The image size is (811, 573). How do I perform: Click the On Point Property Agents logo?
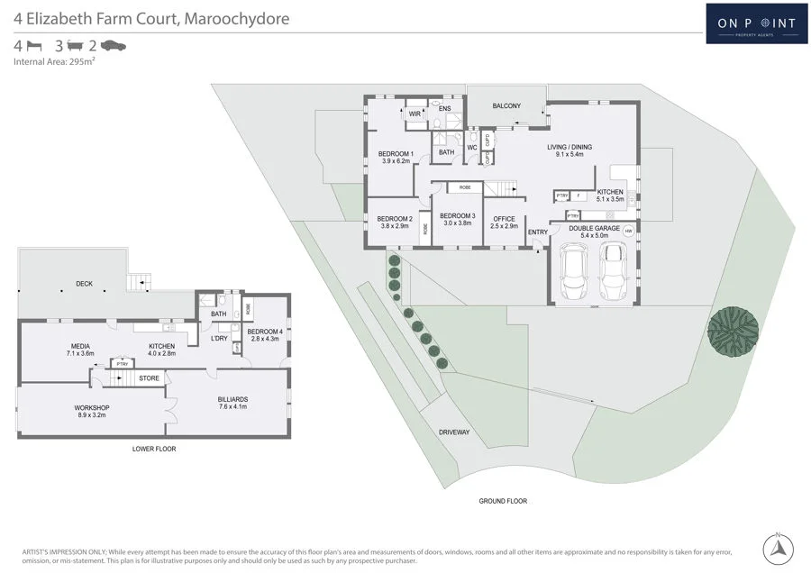tap(756, 23)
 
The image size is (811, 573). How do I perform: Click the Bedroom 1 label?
tap(396, 157)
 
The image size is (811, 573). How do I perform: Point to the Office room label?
tap(504, 222)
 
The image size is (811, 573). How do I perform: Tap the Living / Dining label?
tap(570, 150)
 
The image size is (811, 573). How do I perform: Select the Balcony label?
tap(506, 106)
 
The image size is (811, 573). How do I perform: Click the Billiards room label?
tap(232, 402)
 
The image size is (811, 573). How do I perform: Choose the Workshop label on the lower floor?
tap(92, 412)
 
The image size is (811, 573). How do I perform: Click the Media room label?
tap(80, 350)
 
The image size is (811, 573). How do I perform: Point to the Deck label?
tap(84, 284)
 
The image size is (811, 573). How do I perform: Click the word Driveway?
tap(454, 432)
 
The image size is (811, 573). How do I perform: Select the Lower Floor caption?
tap(153, 448)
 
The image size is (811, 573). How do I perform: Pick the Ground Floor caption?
tap(503, 501)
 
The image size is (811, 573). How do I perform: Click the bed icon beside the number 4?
tap(35, 45)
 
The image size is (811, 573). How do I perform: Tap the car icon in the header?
tap(114, 45)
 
